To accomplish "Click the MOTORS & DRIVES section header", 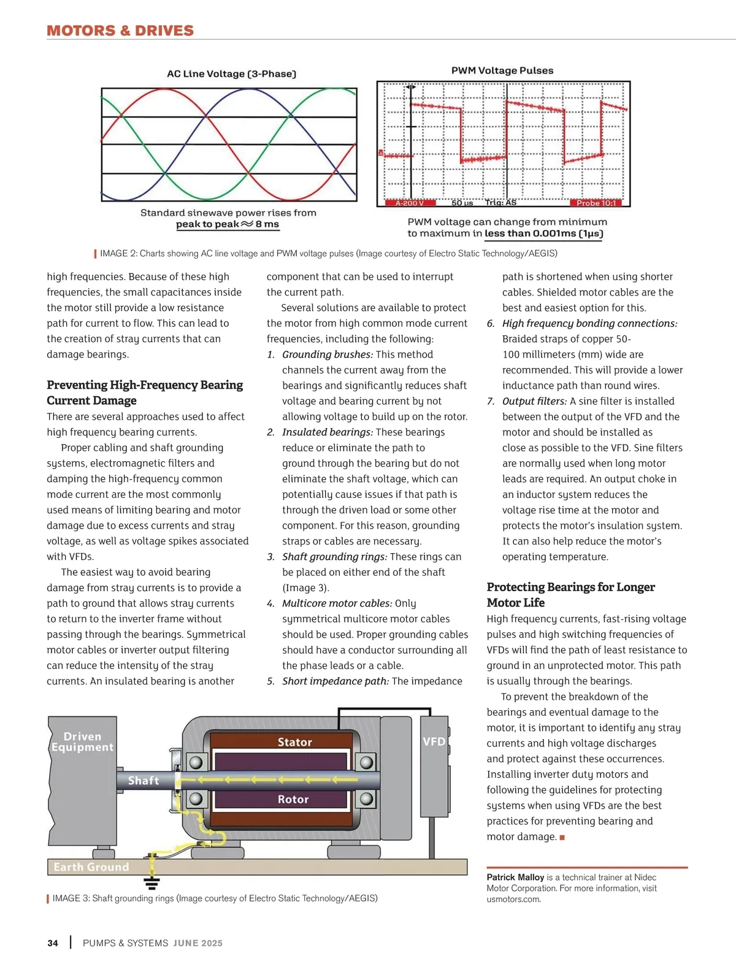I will pyautogui.click(x=120, y=31).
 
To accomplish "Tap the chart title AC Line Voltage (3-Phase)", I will pyautogui.click(x=231, y=74).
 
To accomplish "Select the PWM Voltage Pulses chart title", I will pyautogui.click(x=502, y=71).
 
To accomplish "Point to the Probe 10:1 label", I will pyautogui.click(x=596, y=203).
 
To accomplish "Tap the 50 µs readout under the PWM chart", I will pyautogui.click(x=462, y=203).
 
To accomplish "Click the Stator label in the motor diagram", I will pyautogui.click(x=294, y=742).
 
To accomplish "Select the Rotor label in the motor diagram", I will pyautogui.click(x=293, y=799).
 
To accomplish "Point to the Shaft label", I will pyautogui.click(x=144, y=781).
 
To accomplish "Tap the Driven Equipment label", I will pyautogui.click(x=82, y=741).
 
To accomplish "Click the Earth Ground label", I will pyautogui.click(x=91, y=867).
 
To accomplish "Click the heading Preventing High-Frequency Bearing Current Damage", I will pyautogui.click(x=145, y=392).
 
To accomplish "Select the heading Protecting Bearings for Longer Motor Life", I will pyautogui.click(x=570, y=594).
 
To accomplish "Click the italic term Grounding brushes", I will pyautogui.click(x=328, y=354).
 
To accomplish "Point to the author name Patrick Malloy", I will pyautogui.click(x=515, y=878).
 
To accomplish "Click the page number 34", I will pyautogui.click(x=53, y=943).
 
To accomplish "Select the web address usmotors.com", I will pyautogui.click(x=513, y=900).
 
